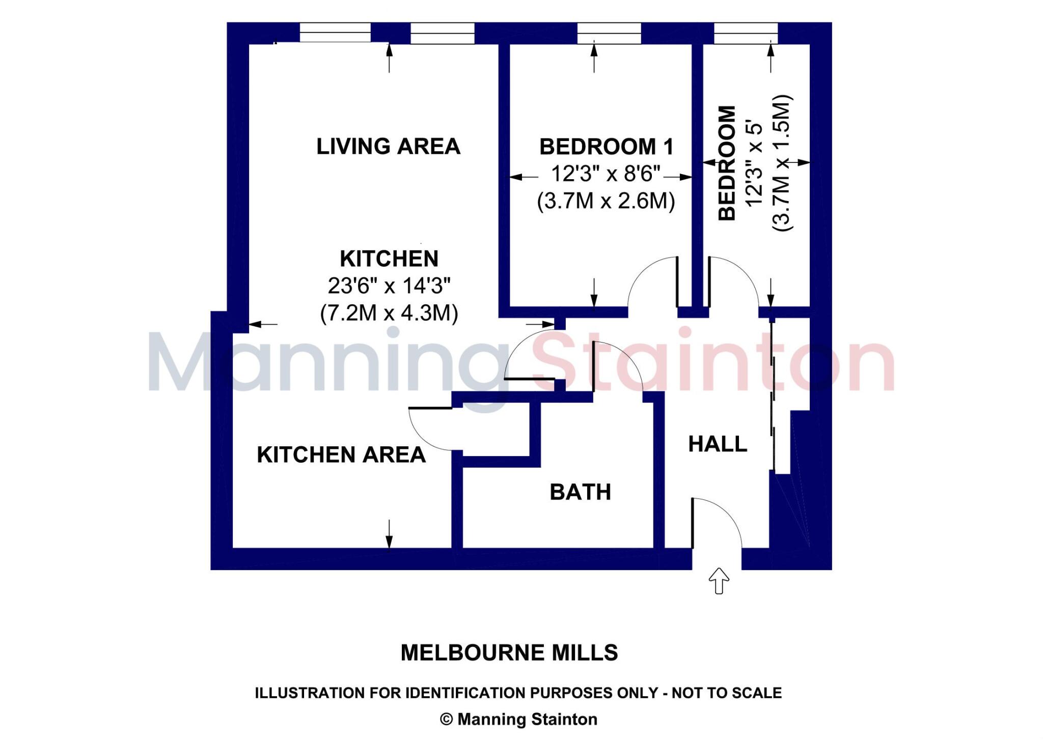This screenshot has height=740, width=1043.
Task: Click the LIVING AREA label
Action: coord(388,147)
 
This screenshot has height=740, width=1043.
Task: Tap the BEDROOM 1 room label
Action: coord(606,147)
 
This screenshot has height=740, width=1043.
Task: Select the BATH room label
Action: coord(580,492)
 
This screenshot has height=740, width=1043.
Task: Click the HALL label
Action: coord(718,444)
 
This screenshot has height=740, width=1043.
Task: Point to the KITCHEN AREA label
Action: coord(341,454)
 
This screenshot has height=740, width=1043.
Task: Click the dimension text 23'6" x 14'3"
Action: coord(389,286)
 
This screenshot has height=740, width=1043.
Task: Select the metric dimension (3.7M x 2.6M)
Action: coord(606,201)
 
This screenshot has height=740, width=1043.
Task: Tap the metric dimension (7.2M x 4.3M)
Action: coord(389,313)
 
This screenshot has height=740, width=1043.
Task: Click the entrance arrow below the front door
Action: coord(719,581)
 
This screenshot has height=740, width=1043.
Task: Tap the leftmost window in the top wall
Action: coord(335,33)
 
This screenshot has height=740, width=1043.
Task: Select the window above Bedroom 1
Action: coord(609,33)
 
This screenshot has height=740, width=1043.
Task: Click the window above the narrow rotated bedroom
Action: coord(746,33)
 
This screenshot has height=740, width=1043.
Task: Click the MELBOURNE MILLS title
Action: coord(509,652)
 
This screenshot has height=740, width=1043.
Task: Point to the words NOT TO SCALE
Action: coord(727,693)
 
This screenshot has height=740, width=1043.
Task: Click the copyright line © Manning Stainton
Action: coord(518,719)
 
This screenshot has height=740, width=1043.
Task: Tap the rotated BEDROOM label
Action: coord(727,163)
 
